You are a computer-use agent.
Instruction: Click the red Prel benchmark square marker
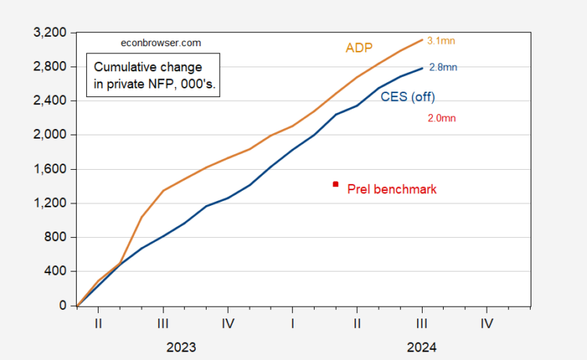click(336, 184)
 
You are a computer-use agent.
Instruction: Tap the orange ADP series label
click(359, 48)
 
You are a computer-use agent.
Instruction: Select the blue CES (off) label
click(407, 97)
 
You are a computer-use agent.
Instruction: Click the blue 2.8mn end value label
click(443, 67)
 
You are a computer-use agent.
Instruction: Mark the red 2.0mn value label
click(441, 118)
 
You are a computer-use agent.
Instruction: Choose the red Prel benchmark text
click(391, 189)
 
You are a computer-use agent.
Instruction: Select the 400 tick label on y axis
click(57, 272)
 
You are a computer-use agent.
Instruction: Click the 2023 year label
click(180, 346)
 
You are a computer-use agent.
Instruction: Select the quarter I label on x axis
click(292, 322)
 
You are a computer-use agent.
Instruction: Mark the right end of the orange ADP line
click(423, 39)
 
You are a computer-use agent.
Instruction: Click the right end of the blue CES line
click(423, 68)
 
